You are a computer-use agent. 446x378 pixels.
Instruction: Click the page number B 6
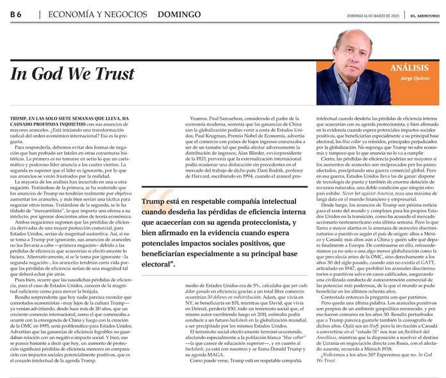(x=15, y=13)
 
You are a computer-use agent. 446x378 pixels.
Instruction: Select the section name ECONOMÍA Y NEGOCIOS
(x=78, y=13)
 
